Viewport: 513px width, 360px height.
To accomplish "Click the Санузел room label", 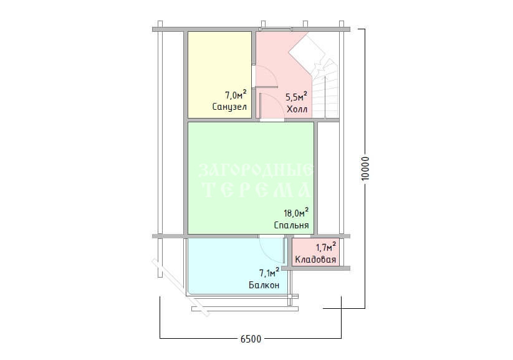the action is coord(229,107).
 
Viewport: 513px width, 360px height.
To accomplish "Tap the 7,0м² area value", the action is coord(236,95).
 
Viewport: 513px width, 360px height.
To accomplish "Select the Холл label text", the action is coord(297,109).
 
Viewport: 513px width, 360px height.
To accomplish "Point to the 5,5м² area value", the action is coord(297,97).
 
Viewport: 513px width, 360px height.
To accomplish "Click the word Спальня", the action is coord(291,225).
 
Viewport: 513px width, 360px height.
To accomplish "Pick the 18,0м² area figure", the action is coord(296,213).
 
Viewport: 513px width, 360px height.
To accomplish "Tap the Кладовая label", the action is coord(315,260).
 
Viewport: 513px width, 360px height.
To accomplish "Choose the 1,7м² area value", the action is coord(326,246).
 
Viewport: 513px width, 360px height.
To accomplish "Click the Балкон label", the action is coord(264,285).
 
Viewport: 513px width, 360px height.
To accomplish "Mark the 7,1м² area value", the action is coord(269,272).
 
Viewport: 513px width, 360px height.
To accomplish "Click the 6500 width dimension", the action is coord(251,339).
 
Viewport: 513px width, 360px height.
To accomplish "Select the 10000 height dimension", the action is coord(365,168).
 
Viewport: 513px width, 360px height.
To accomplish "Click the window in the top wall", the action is coord(276,29).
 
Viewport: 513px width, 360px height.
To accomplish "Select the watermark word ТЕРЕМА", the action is coord(257,190).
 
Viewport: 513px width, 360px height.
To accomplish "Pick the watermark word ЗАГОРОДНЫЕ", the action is coord(255,170).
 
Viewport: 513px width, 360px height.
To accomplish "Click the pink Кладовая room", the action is coord(315,252).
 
